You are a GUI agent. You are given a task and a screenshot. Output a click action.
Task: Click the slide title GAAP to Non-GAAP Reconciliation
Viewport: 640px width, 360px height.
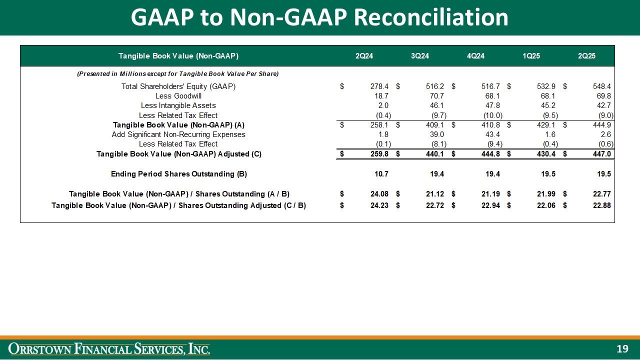[x=319, y=17]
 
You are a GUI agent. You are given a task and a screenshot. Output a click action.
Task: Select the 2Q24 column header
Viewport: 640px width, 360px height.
[x=364, y=55]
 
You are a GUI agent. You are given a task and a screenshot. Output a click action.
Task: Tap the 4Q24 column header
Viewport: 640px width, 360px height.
[x=475, y=55]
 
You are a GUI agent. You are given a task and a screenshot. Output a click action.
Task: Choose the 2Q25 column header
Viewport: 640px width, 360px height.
[x=586, y=55]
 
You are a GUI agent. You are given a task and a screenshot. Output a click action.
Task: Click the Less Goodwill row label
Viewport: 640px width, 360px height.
[x=178, y=96]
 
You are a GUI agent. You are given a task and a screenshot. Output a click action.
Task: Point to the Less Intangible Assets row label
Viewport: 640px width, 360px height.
[x=178, y=105]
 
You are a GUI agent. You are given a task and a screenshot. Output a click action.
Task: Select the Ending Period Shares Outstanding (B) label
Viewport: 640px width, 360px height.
[x=178, y=174]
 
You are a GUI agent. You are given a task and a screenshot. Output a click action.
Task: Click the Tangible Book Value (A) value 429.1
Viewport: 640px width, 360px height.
[x=546, y=124]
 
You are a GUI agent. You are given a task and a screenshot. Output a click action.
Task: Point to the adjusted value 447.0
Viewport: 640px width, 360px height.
[x=601, y=154]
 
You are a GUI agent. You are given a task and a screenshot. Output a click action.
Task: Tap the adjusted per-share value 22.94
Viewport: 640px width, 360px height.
[x=490, y=205]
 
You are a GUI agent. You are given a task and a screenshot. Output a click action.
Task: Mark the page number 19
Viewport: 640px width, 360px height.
[x=622, y=348]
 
